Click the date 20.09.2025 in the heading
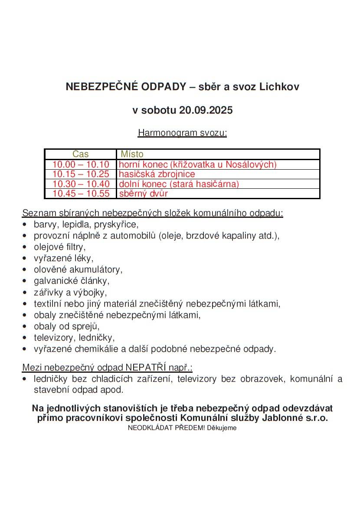[206, 110]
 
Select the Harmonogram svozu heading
[182, 133]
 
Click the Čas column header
[81, 154]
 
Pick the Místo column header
[132, 154]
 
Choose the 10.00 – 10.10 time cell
[81, 164]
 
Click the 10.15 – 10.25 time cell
[81, 174]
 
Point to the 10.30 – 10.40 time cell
[81, 184]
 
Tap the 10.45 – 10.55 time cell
[81, 194]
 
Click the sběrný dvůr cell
[143, 194]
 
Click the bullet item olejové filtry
[60, 247]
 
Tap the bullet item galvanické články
[72, 281]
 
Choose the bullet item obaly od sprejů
[67, 326]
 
